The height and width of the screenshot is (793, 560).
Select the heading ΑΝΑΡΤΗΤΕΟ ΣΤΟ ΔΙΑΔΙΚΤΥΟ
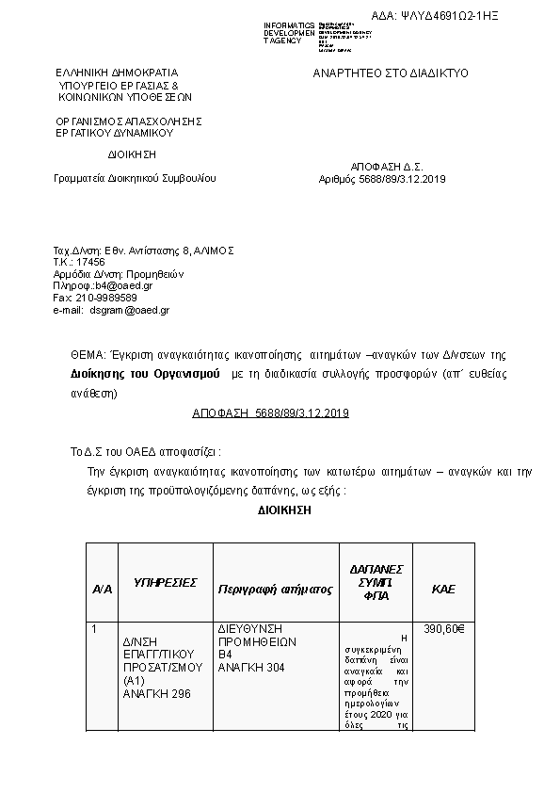(x=390, y=73)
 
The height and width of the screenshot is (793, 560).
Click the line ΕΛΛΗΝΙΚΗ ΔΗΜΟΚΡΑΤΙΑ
(x=116, y=73)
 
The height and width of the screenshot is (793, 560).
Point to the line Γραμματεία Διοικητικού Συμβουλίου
(x=135, y=178)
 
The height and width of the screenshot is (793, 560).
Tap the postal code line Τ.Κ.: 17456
(x=79, y=262)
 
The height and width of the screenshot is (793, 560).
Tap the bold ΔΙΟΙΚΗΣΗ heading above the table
(x=283, y=510)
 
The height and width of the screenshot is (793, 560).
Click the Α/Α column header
(x=102, y=589)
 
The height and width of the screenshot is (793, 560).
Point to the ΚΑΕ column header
(x=442, y=589)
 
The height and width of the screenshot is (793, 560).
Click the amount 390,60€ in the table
(x=444, y=628)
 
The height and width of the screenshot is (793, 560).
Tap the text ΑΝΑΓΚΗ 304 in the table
(x=249, y=668)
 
